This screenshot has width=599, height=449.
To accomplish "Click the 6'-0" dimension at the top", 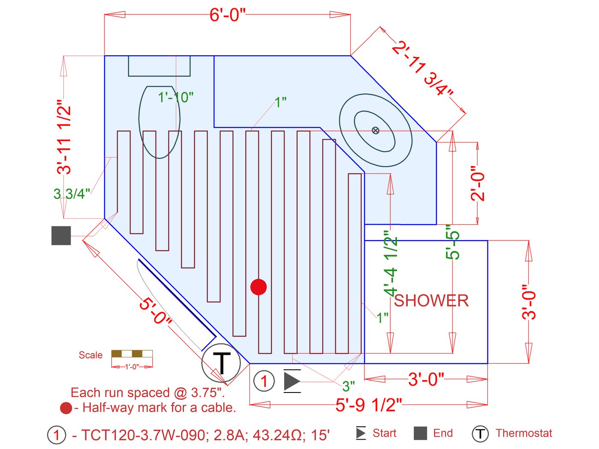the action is [x=227, y=15].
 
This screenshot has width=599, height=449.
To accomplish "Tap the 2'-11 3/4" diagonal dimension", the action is [x=422, y=68].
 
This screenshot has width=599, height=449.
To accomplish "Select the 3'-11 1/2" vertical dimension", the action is [x=64, y=137].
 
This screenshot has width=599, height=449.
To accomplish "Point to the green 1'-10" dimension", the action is [x=175, y=97].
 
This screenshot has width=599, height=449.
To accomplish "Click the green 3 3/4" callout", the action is [x=71, y=194].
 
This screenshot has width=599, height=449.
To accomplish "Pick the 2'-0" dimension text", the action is [x=477, y=183].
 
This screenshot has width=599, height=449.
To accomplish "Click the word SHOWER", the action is [x=431, y=300].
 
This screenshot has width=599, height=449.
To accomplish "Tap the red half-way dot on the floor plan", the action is [x=258, y=287].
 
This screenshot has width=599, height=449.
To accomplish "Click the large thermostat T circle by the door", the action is [x=221, y=363].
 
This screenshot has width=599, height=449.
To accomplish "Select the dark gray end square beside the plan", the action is [x=61, y=235].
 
